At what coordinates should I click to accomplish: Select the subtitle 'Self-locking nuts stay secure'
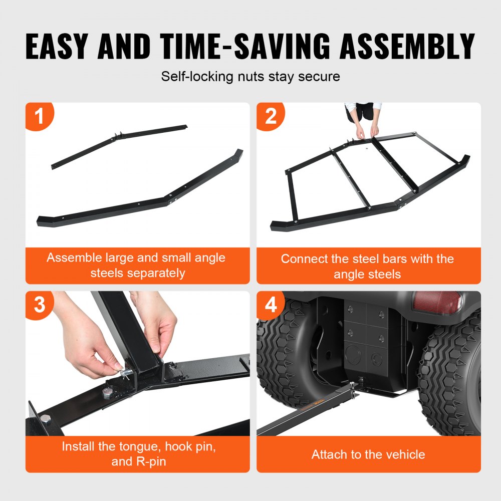pyautogui.click(x=250, y=77)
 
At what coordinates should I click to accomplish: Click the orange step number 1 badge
pyautogui.click(x=39, y=117)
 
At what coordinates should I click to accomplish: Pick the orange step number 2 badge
pyautogui.click(x=271, y=117)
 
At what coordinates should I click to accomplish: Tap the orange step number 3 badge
pyautogui.click(x=39, y=305)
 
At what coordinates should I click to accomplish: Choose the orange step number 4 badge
pyautogui.click(x=271, y=305)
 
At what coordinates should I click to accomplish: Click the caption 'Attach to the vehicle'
pyautogui.click(x=368, y=454)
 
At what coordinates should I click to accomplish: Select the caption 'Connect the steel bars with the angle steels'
pyautogui.click(x=368, y=266)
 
